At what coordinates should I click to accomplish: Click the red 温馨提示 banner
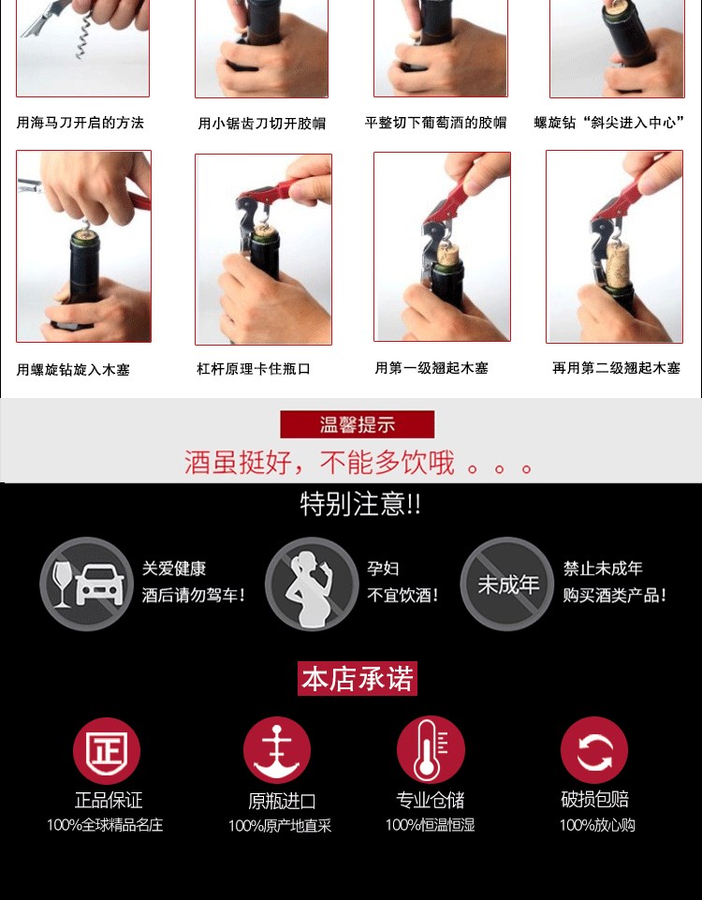tap(358, 424)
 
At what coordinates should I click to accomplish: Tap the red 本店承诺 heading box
tap(358, 678)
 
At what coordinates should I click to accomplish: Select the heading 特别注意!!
tap(360, 504)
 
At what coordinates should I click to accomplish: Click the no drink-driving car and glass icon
tap(87, 583)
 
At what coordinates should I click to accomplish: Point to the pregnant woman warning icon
tap(312, 583)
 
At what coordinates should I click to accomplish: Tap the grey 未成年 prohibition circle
tap(507, 583)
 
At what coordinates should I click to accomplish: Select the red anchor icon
tap(277, 750)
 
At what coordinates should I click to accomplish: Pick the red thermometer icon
tap(431, 749)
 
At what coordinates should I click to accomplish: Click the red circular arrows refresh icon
tap(594, 750)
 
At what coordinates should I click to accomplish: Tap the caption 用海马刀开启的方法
tap(80, 123)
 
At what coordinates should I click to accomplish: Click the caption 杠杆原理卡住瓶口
tap(254, 368)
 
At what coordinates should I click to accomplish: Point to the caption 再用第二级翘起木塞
tap(616, 368)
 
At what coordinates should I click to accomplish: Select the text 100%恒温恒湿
tap(431, 825)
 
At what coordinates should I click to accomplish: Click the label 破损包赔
tap(594, 799)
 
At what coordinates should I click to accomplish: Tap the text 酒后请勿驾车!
tap(194, 595)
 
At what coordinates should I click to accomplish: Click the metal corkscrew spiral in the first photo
tap(83, 37)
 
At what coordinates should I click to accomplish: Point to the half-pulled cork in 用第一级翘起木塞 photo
tap(448, 253)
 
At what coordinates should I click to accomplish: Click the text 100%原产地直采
tap(280, 826)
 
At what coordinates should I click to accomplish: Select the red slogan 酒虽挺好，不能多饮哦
tap(319, 463)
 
